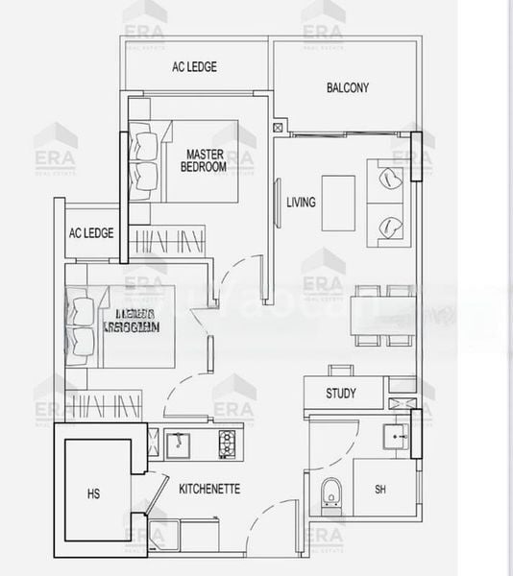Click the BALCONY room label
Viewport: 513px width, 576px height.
coord(347,88)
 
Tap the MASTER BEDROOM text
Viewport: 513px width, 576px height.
coord(204,160)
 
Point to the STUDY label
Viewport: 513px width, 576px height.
coord(340,394)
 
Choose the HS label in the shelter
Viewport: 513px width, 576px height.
coord(93,494)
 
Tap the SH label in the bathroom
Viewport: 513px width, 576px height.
coord(380,490)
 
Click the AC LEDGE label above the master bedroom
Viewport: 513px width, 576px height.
coord(194,67)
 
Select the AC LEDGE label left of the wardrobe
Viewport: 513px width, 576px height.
coord(91,233)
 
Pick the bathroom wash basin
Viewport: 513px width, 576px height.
coord(395,438)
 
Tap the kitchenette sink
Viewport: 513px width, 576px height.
coord(180,444)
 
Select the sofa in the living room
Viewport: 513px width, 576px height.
coord(390,202)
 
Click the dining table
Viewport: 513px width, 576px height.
coord(384,315)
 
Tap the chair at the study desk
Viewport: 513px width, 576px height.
coord(340,371)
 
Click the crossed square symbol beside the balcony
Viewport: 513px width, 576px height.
coord(279,127)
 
